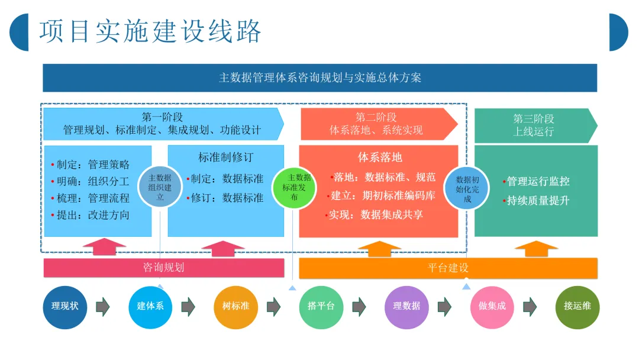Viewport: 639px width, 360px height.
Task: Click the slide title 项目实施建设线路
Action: [x=150, y=31]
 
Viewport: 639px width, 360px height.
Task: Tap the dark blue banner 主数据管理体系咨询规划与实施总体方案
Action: [x=319, y=78]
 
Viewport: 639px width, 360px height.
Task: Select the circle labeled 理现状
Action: [x=65, y=306]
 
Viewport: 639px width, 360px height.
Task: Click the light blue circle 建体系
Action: [x=150, y=306]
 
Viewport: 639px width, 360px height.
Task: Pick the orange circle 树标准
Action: [x=235, y=306]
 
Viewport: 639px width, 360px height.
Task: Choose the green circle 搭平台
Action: [x=321, y=306]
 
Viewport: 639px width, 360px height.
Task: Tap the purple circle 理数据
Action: [x=406, y=306]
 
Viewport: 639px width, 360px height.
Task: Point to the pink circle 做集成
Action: [x=492, y=306]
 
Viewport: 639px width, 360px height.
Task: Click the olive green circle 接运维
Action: [x=577, y=306]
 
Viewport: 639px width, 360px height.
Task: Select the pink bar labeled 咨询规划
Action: [x=163, y=268]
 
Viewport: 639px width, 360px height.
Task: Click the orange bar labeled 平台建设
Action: [x=448, y=268]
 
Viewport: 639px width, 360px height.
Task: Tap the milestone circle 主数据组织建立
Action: [x=160, y=187]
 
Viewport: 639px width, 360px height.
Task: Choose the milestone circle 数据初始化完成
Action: [x=467, y=189]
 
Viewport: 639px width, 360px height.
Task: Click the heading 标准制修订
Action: [x=225, y=157]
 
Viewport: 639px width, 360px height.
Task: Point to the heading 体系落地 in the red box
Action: [x=379, y=157]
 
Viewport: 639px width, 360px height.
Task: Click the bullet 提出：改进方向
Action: [x=93, y=215]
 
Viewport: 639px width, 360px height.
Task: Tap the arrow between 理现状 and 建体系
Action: [x=103, y=306]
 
